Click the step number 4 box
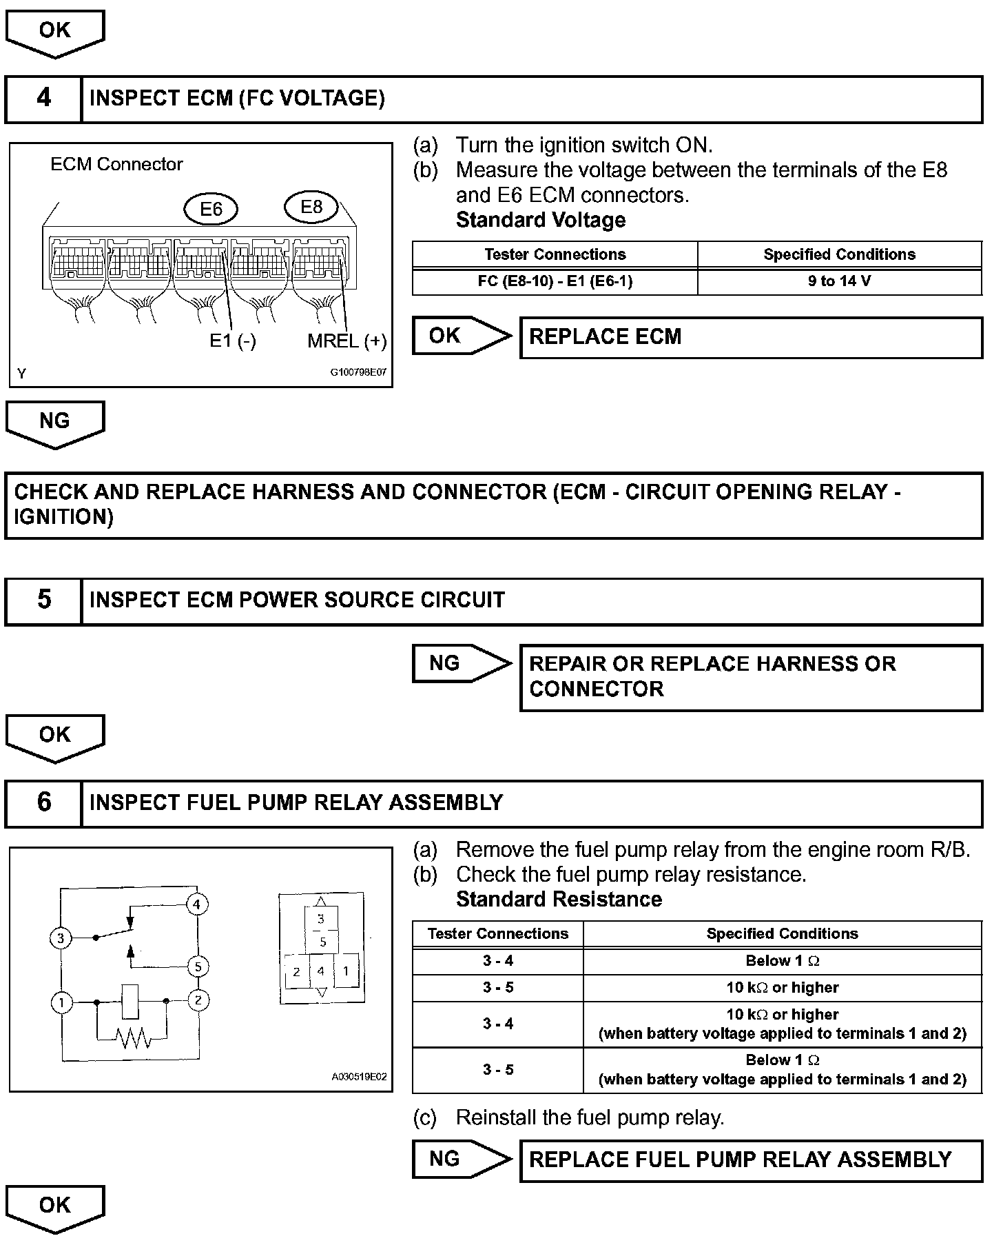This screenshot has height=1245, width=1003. [x=43, y=99]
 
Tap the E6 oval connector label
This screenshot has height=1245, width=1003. [x=211, y=209]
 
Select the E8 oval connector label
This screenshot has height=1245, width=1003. [x=311, y=207]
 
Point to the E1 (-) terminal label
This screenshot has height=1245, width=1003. [x=233, y=341]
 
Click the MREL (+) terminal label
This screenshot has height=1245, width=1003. [x=347, y=341]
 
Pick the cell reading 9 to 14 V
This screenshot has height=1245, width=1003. [x=839, y=281]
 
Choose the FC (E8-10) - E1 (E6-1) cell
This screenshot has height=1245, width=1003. [x=555, y=281]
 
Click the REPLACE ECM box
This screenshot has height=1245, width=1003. [x=751, y=337]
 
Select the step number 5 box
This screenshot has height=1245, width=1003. [x=43, y=600]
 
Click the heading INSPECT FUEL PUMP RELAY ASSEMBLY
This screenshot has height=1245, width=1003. [x=296, y=803]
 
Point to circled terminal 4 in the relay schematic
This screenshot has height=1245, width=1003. [x=198, y=904]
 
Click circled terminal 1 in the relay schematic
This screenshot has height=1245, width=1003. [x=61, y=1002]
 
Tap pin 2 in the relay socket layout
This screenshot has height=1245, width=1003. [x=296, y=972]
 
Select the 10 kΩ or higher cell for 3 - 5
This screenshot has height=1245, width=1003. [x=782, y=988]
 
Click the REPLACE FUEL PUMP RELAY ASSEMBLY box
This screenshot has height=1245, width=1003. [x=751, y=1160]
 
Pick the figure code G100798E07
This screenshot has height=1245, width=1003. [x=358, y=373]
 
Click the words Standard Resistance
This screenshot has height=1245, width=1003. [x=559, y=900]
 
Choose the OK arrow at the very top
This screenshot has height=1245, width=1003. [x=55, y=32]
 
